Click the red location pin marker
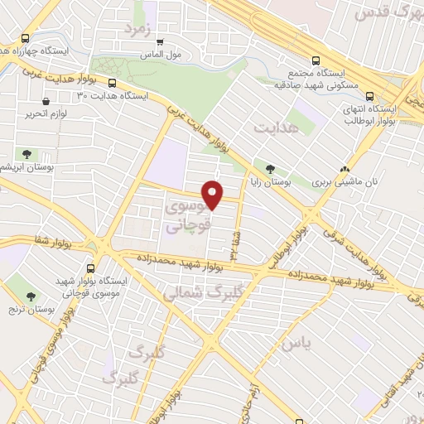click(x=214, y=195)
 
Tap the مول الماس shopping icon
click(x=160, y=41)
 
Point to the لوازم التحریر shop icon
click(x=33, y=101)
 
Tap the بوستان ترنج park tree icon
click(x=31, y=296)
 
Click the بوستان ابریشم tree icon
click(x=27, y=153)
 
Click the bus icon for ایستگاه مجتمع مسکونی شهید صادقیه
click(x=314, y=60)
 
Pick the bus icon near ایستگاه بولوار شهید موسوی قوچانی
click(x=91, y=267)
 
